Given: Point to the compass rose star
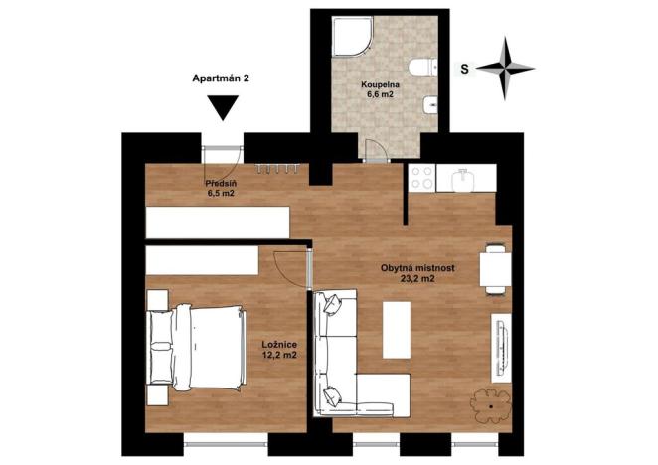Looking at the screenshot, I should point(506,69).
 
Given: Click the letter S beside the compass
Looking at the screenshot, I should point(464,69).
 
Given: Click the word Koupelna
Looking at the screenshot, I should point(380,84).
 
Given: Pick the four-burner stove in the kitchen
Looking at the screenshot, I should point(419,179).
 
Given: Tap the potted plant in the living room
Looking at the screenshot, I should point(491,404).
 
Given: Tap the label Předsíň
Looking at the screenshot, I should point(220,184).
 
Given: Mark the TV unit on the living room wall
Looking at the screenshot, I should point(502,348).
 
